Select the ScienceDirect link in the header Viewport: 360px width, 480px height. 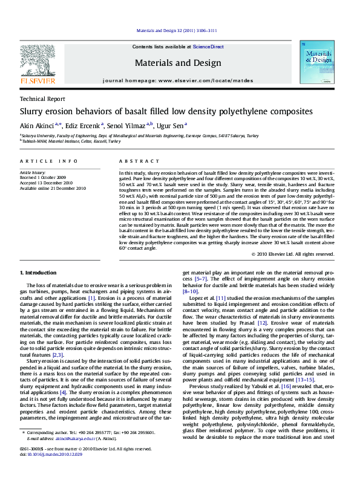[208, 47]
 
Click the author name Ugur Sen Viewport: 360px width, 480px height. [172, 125]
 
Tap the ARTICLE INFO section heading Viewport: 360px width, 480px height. [48, 161]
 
